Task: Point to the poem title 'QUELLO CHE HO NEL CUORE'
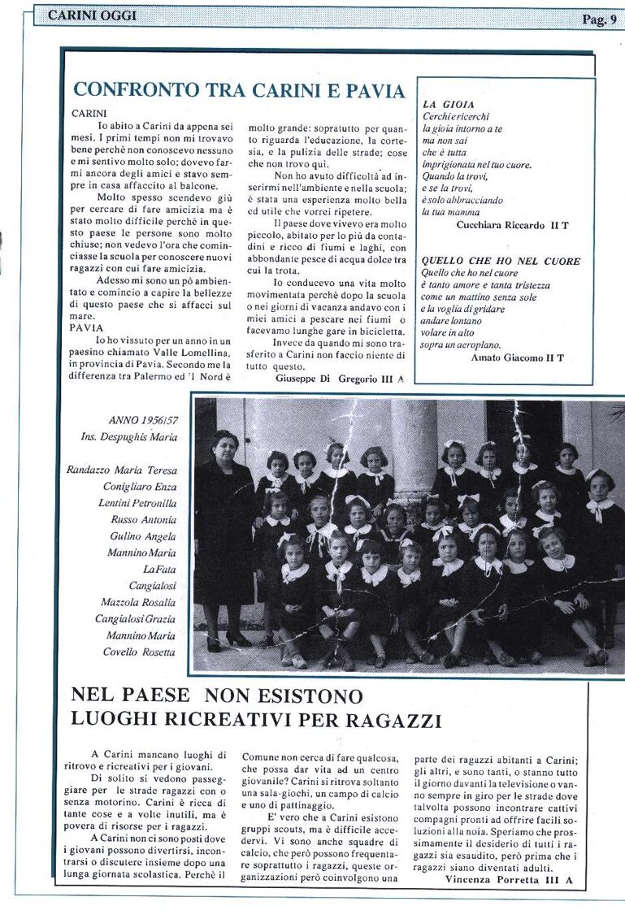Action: coord(501,261)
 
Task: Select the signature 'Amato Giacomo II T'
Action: coord(517,357)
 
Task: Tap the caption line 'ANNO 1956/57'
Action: coord(142,420)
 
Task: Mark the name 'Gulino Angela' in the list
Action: coord(144,536)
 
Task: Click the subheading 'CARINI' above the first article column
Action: coord(90,113)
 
